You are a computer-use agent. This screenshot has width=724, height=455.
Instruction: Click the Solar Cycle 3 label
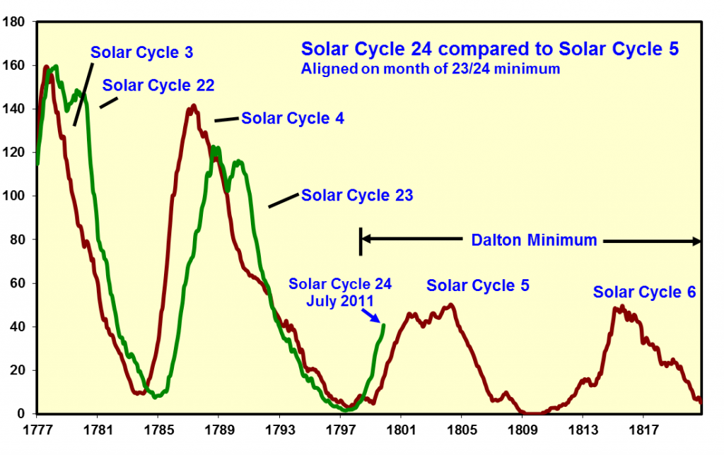pos(142,52)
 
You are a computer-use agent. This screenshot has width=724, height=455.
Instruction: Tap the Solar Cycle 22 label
pos(158,85)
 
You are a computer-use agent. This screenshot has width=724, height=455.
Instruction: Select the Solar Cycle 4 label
pos(293,118)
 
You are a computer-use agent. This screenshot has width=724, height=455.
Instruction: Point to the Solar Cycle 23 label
pos(357,195)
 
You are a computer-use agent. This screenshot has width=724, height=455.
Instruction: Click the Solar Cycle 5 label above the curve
pos(478,285)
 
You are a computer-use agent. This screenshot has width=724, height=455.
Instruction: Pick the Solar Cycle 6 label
pos(645,292)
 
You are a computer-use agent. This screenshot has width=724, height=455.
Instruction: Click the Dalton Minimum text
pos(534,240)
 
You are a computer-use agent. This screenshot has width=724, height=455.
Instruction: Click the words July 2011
pos(340,300)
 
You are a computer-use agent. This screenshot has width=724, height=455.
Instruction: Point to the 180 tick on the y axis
pos(16,22)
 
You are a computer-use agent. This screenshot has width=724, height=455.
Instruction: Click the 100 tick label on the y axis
pos(16,196)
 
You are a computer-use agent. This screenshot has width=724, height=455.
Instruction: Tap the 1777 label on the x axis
pos(36,429)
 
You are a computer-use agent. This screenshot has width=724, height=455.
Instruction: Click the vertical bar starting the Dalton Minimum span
pos(361,241)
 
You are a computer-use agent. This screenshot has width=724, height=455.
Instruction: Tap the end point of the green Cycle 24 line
pos(384,325)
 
